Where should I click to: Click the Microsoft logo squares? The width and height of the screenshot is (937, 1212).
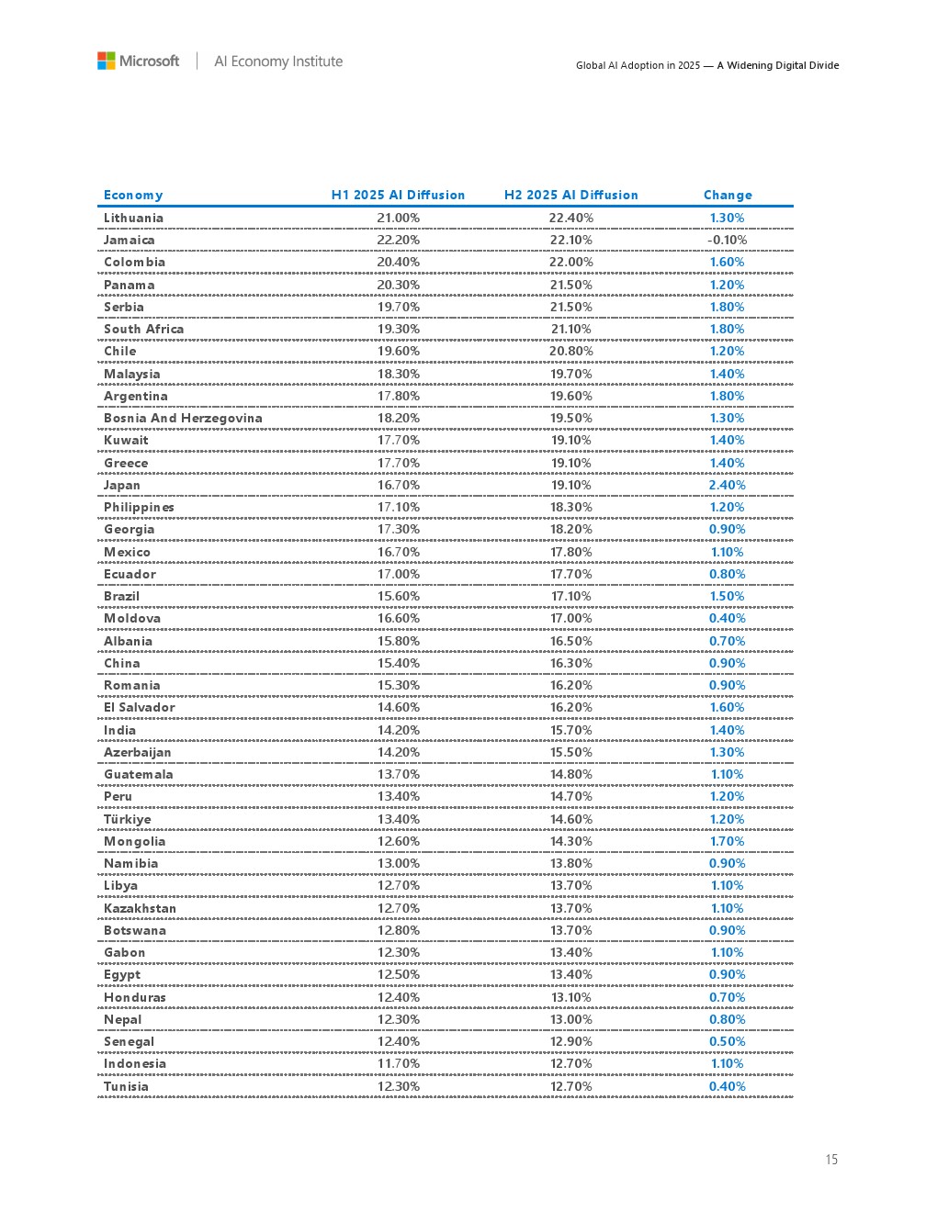[x=107, y=61]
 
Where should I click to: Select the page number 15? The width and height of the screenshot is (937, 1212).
[x=831, y=1160]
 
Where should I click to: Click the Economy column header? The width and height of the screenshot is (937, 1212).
[x=133, y=195]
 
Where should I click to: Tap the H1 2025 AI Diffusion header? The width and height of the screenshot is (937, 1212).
[x=398, y=195]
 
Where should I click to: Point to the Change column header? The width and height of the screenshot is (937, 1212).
[x=728, y=195]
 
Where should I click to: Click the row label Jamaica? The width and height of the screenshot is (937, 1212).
[x=130, y=240]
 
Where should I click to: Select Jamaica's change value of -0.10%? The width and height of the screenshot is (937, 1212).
[x=727, y=240]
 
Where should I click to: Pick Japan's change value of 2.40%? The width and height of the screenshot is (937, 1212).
[x=727, y=485]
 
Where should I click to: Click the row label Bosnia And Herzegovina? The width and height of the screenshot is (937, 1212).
[x=183, y=418]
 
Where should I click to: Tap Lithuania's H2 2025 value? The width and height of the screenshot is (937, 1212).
[x=570, y=218]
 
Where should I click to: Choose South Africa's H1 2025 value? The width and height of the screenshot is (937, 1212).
[x=399, y=329]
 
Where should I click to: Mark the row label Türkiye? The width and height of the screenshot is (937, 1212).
[x=128, y=819]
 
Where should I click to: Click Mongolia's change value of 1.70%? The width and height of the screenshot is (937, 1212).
[x=727, y=841]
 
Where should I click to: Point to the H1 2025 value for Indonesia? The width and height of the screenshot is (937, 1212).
[x=399, y=1063]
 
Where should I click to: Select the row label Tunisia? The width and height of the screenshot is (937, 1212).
[x=126, y=1086]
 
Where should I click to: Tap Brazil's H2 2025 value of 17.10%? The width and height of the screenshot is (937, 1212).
[x=570, y=596]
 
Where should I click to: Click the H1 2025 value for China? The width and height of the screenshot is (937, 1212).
[x=399, y=663]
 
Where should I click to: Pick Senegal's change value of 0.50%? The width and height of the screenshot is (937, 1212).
[x=727, y=1041]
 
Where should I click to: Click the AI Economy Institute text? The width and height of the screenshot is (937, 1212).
[x=278, y=62]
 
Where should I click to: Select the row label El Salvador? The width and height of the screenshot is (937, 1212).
[x=139, y=707]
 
